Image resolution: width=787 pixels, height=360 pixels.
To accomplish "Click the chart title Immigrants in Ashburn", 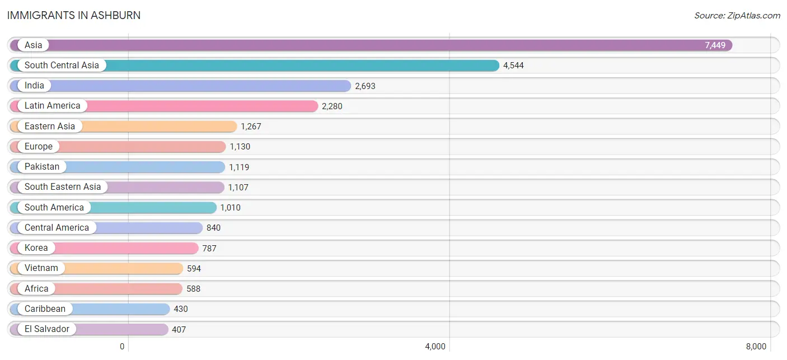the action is [74, 16].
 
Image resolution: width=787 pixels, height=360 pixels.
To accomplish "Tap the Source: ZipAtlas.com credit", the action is [737, 16].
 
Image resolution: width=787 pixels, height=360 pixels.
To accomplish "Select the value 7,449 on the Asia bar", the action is [715, 45].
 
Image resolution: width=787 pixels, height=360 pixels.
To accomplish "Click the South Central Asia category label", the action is [62, 66].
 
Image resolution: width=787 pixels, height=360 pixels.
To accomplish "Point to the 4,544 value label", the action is [513, 66].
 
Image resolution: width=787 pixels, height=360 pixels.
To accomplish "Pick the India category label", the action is [34, 86].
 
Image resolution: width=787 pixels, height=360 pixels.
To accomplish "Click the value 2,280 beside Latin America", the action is [332, 106].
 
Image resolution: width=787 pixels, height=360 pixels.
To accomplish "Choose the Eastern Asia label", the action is [50, 126].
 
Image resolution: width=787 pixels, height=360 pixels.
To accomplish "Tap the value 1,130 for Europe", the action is [240, 147].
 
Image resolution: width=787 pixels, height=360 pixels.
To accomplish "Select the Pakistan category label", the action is [42, 167].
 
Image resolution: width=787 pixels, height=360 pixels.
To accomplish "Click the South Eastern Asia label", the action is [63, 186].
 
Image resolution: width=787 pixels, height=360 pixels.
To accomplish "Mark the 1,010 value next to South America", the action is [231, 207].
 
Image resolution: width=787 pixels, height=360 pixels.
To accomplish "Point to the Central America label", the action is [57, 228].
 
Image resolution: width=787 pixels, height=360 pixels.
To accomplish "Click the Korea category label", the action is [36, 248].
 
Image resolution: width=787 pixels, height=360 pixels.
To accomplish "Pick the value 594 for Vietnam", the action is [194, 269].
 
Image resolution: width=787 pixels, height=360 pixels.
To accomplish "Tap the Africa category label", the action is [36, 289].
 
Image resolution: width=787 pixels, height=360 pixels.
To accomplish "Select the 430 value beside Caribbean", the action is [181, 309].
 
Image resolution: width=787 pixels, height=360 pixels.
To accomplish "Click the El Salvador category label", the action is [46, 329].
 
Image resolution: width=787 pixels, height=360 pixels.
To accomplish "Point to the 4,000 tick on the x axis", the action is [435, 347].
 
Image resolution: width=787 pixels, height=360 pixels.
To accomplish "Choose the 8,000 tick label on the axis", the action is [756, 347].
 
